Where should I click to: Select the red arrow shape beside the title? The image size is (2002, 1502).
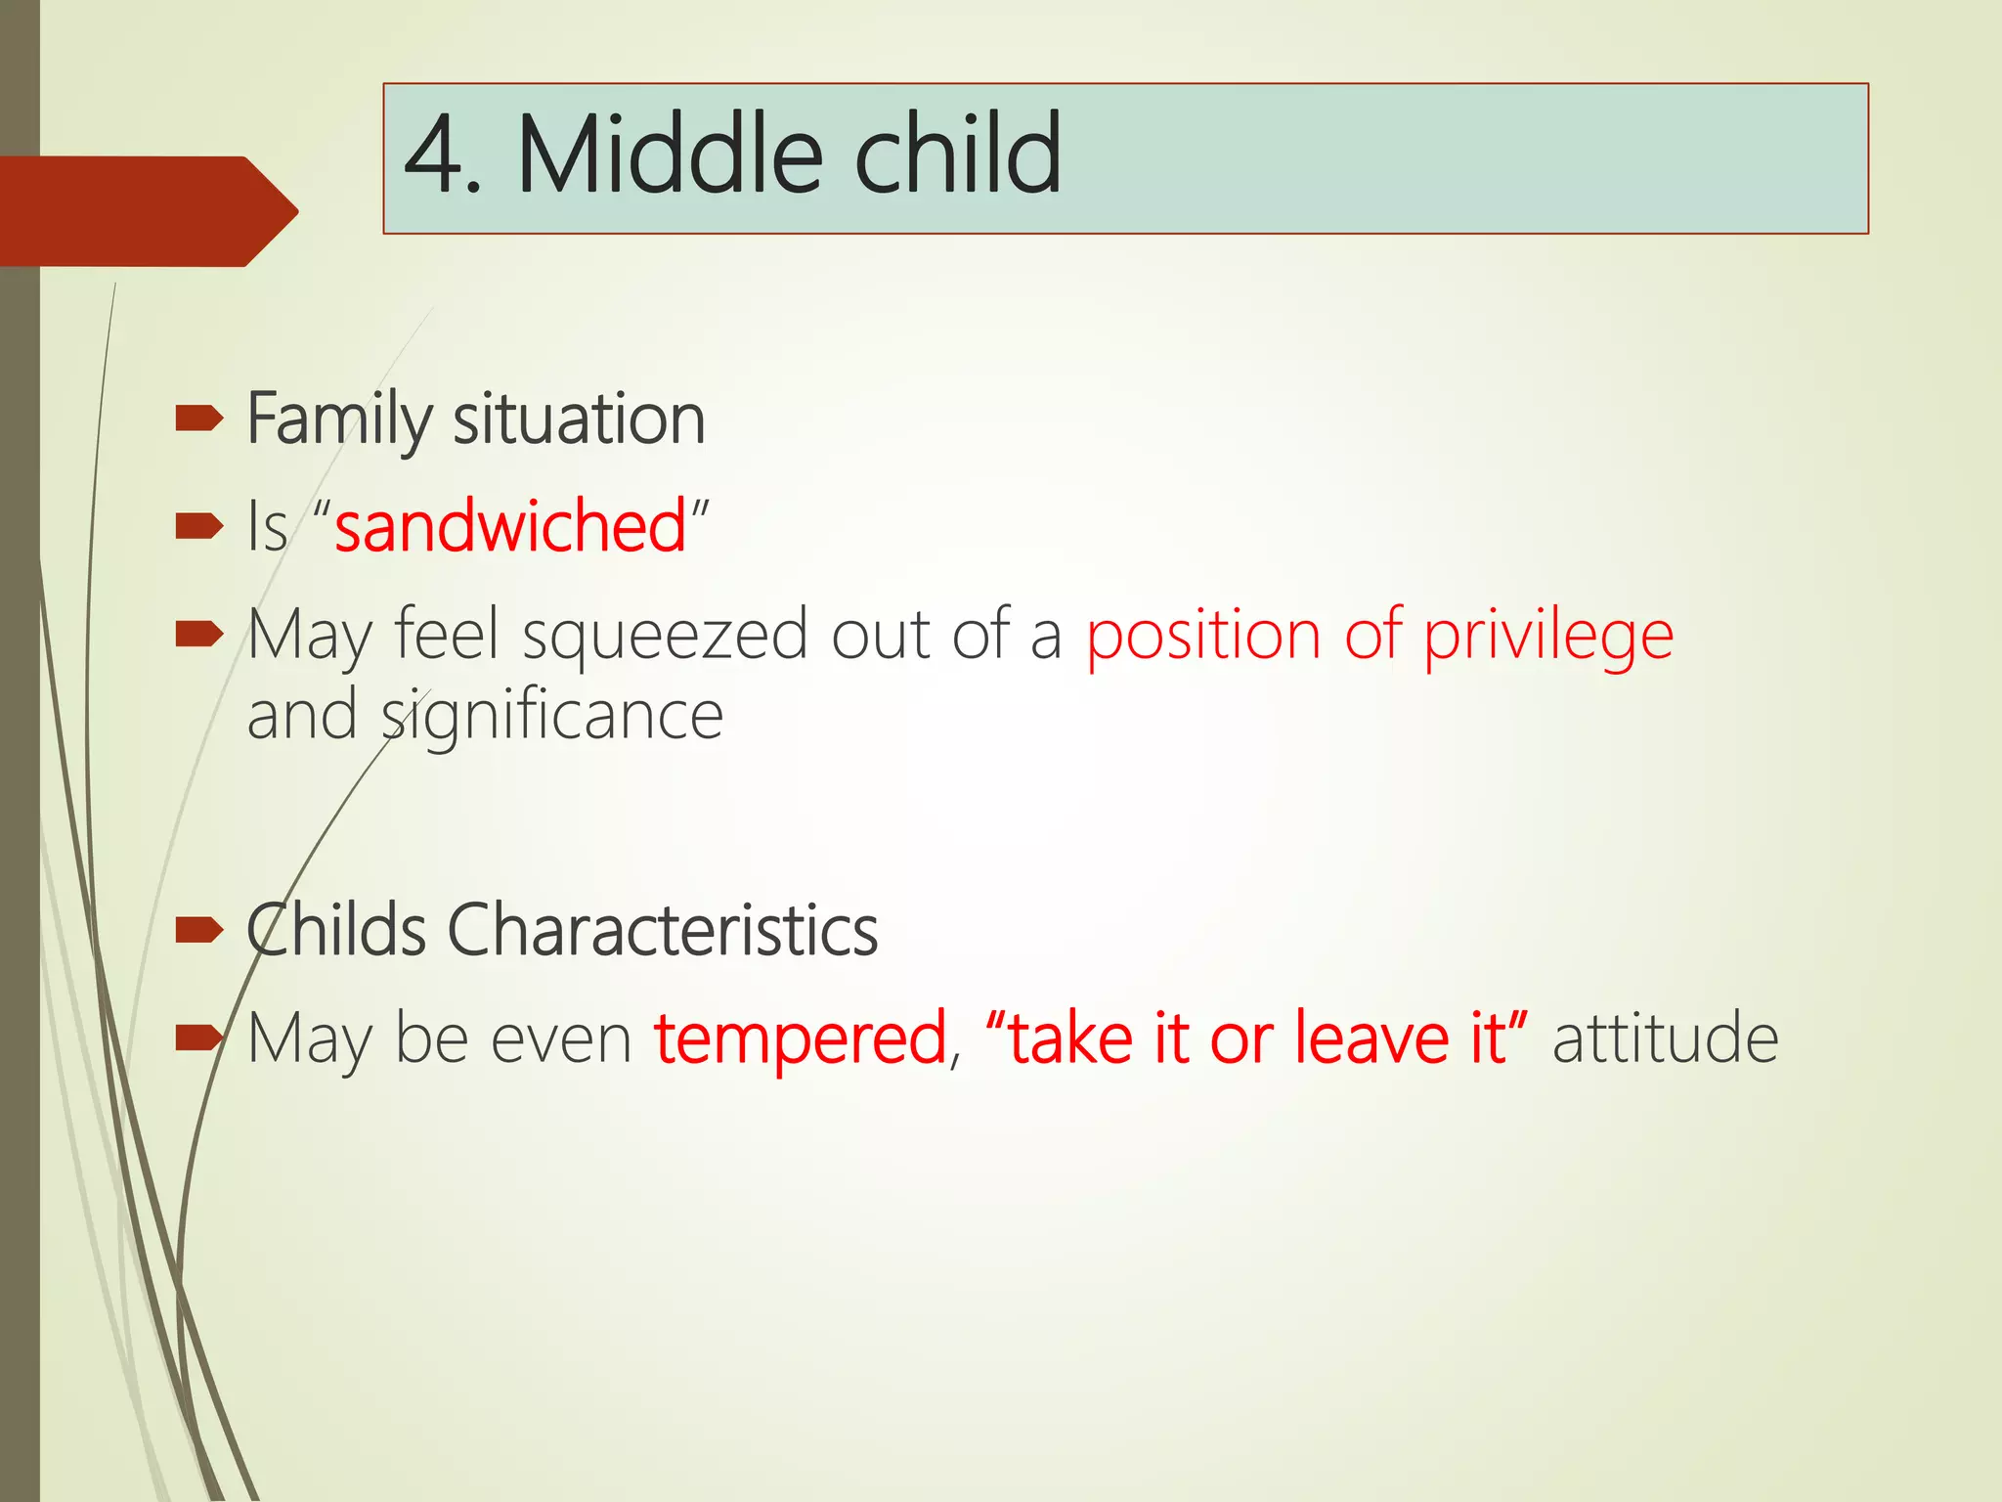(x=147, y=211)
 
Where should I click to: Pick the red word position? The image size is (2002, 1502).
(x=1203, y=636)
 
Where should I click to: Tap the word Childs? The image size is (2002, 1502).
(x=336, y=930)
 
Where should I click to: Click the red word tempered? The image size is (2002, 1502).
(x=800, y=1038)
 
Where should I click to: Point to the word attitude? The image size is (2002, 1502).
(x=1665, y=1038)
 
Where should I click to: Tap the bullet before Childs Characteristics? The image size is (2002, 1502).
(x=199, y=931)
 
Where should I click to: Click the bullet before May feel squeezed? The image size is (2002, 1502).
(x=199, y=636)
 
